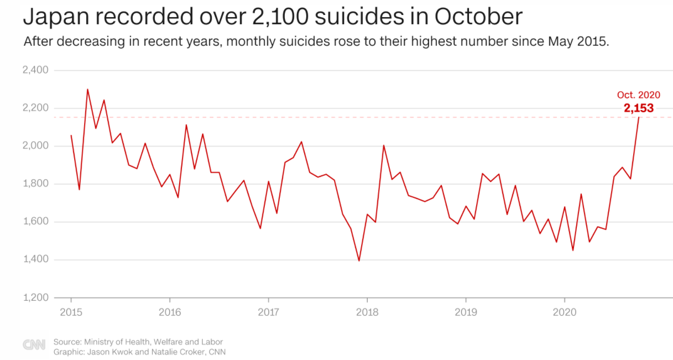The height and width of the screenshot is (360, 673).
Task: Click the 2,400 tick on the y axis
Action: pos(35,70)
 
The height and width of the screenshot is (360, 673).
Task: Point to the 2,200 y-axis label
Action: pos(35,108)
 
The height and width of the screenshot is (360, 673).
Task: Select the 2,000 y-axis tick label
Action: pos(35,146)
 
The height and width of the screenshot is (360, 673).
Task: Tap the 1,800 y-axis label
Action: pos(35,184)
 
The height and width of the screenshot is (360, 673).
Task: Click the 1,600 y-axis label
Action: pos(35,222)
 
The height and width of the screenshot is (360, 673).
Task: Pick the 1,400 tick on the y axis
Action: pos(35,260)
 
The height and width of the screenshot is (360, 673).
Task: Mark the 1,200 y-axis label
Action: pos(35,298)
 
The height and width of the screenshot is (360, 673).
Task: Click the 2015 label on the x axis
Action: pos(71,312)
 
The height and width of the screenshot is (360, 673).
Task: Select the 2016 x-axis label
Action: pos(170,312)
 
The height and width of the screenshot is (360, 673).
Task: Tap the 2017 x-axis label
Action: pos(268,312)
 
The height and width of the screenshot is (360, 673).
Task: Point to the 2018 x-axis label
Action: pos(367,312)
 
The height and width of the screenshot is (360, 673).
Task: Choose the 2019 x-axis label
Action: pos(466,312)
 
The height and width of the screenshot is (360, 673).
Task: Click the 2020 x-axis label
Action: pos(564,312)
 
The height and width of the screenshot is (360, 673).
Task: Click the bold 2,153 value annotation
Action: pos(639,108)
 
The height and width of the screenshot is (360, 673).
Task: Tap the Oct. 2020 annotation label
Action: pos(639,95)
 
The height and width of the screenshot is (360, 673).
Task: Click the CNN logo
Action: pos(34,345)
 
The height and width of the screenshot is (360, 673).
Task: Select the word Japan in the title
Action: pos(50,18)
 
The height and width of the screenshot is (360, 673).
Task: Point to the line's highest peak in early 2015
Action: pos(87,89)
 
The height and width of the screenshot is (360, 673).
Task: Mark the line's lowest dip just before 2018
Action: pos(359,260)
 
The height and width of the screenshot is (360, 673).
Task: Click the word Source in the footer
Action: pos(67,342)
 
